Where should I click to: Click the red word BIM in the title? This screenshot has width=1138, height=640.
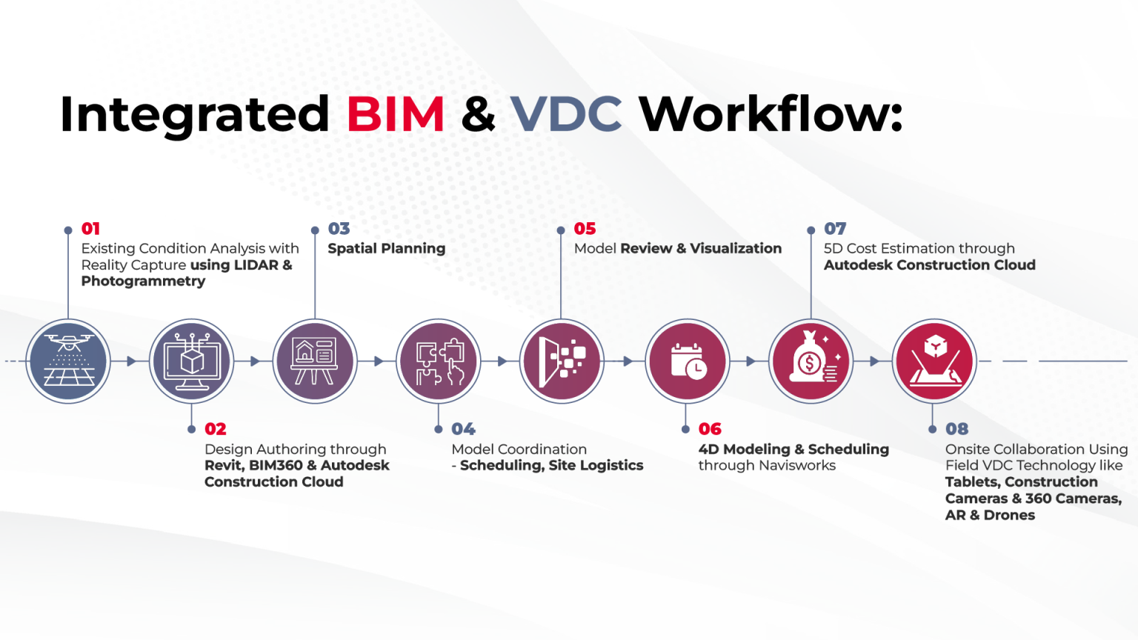(395, 115)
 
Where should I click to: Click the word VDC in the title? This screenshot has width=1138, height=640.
(566, 115)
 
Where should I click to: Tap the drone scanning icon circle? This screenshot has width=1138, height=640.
(68, 361)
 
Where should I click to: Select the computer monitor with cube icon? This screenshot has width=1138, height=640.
(192, 361)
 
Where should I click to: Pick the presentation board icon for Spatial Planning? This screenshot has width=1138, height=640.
(315, 361)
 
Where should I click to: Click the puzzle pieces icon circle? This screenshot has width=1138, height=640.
(439, 361)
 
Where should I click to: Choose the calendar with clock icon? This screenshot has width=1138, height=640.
(688, 361)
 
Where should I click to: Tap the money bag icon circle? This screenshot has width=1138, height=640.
(811, 361)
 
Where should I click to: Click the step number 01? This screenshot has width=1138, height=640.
(90, 229)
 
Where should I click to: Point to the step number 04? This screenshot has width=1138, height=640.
(463, 429)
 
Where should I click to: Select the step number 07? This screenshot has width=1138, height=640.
(835, 229)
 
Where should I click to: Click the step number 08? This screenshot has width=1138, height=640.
(956, 429)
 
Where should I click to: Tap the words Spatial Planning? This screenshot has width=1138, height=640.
(386, 249)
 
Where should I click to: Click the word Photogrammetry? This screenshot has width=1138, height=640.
(143, 281)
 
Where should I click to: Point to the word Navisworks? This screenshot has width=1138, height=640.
(800, 465)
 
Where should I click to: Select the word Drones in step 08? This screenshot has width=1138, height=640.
(1009, 516)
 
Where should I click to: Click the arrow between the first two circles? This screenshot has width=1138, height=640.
(130, 361)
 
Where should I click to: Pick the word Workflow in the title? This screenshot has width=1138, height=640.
(771, 115)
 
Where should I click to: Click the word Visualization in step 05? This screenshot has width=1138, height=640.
(736, 249)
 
